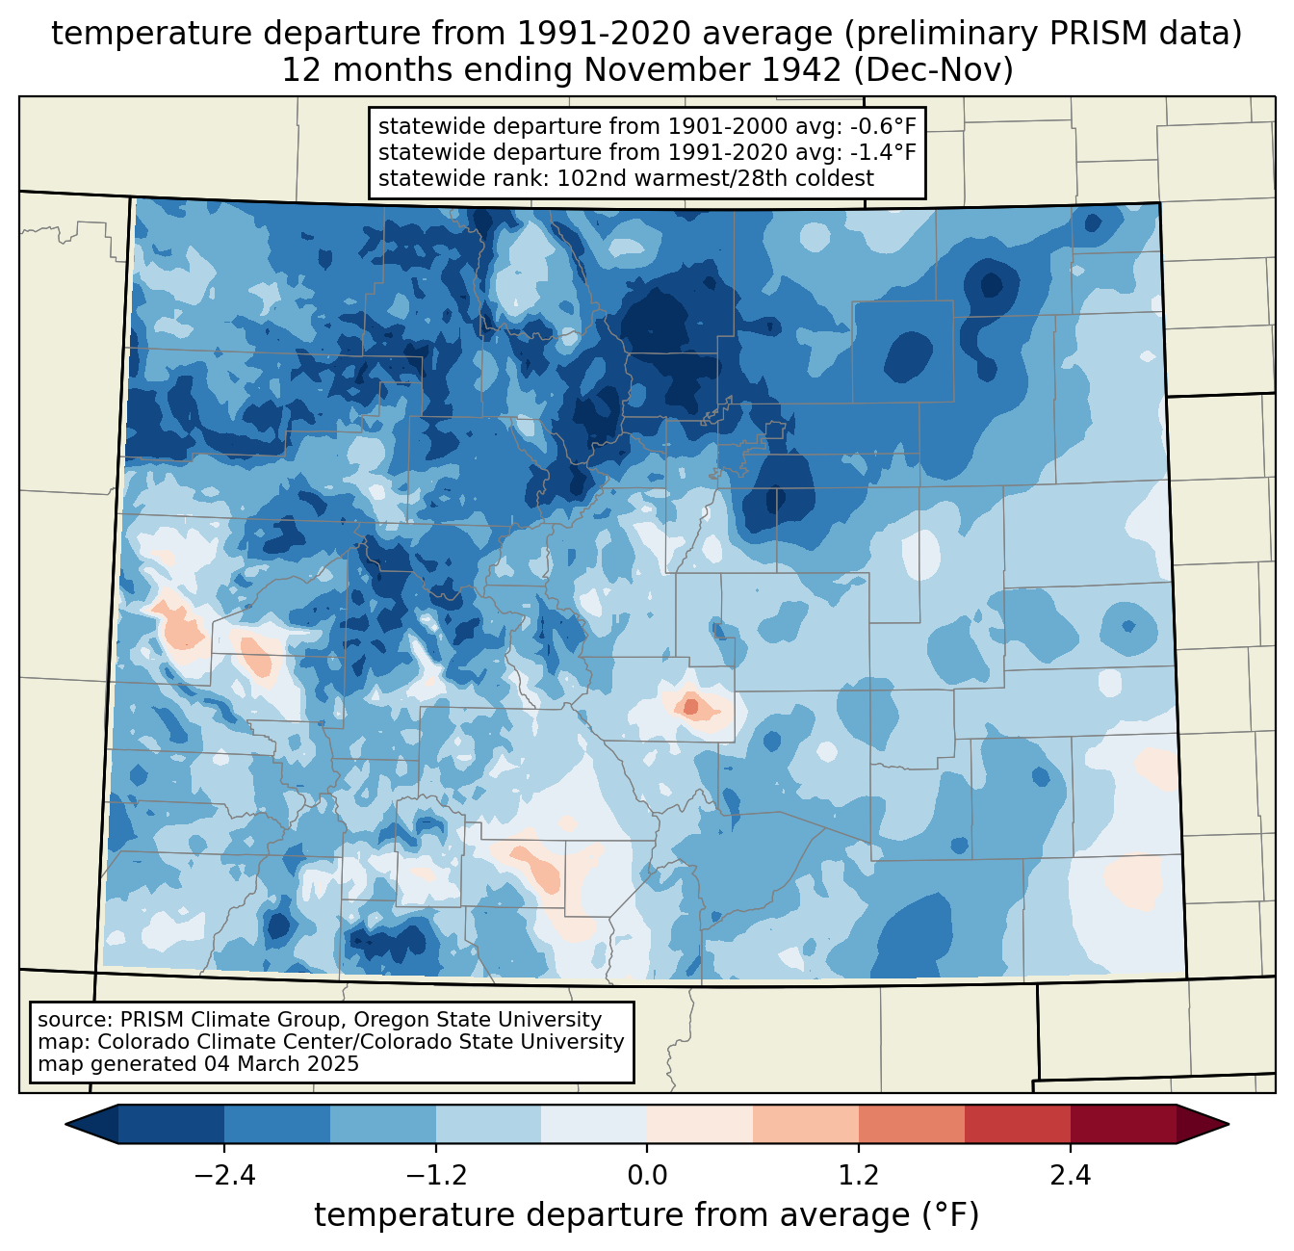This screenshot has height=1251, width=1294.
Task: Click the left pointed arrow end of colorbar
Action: tap(91, 1125)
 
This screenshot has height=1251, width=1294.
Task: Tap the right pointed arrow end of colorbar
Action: tap(1203, 1125)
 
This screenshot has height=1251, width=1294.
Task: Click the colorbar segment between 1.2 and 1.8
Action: tap(912, 1125)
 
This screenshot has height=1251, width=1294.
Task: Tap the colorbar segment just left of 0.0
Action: tap(594, 1125)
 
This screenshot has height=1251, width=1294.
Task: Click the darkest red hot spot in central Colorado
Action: tap(691, 706)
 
